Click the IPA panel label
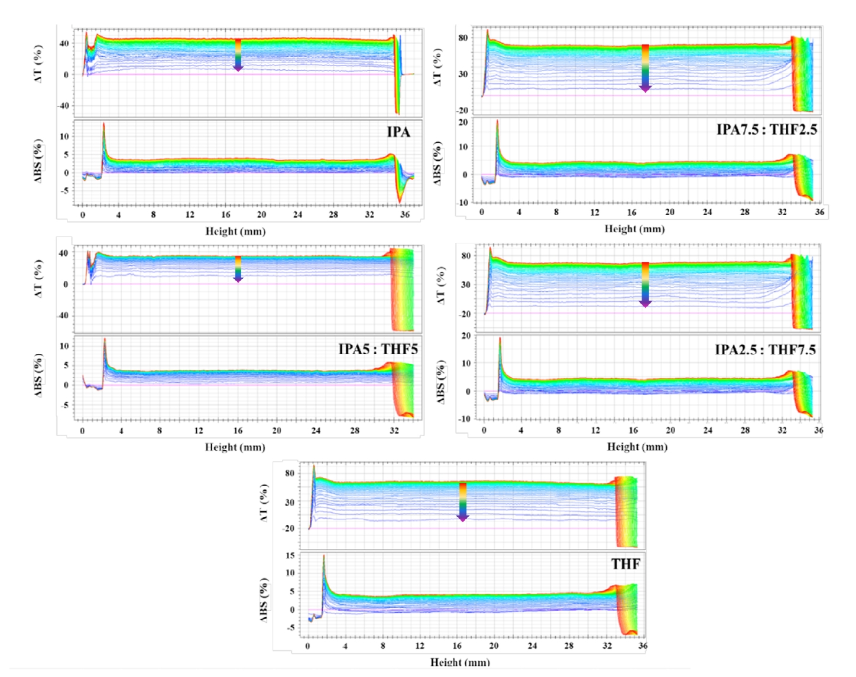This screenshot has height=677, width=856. [x=398, y=132]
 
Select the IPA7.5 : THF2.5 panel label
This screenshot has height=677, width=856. [x=766, y=129]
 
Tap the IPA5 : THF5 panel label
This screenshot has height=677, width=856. [x=378, y=349]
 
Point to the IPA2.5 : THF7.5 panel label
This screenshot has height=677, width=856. [x=765, y=350]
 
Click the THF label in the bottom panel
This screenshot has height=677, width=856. [x=625, y=564]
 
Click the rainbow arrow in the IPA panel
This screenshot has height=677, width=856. [x=238, y=55]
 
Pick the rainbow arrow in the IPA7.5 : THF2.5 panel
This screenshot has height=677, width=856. [x=645, y=68]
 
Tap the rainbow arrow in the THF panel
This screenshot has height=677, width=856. [x=463, y=502]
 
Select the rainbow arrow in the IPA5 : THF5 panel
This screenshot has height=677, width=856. [x=238, y=269]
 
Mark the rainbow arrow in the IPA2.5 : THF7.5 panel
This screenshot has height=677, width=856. [x=645, y=284]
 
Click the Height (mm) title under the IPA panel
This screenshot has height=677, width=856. [x=235, y=231]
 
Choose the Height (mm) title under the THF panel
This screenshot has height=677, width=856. [x=460, y=662]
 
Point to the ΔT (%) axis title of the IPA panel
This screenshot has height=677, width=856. [x=38, y=64]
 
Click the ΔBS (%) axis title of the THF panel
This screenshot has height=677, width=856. [x=264, y=600]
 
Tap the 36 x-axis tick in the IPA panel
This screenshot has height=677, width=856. [x=405, y=214]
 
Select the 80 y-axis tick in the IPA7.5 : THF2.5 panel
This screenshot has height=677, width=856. [x=463, y=38]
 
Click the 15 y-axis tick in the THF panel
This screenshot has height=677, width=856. [x=290, y=555]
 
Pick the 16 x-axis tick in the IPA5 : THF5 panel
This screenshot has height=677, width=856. [x=238, y=431]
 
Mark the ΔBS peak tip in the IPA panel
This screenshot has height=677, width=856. [x=103, y=124]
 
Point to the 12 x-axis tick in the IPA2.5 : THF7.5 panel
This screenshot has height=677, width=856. [x=595, y=430]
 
